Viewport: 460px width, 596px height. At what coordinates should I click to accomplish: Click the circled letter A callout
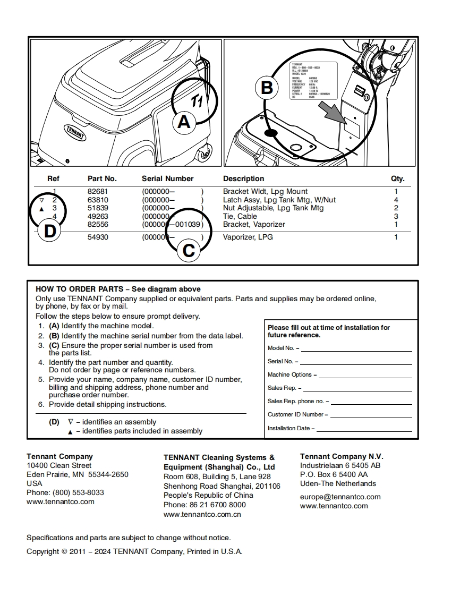pos(183,122)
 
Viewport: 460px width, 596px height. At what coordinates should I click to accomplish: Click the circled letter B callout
pos(267,87)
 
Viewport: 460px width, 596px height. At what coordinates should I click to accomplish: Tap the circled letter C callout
pos(189,250)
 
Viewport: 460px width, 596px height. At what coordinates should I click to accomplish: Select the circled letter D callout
pos(49,231)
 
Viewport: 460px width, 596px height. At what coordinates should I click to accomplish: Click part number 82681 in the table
pos(98,191)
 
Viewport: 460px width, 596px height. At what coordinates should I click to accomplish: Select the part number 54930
pos(98,237)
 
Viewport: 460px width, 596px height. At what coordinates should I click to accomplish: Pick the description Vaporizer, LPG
pos(248,237)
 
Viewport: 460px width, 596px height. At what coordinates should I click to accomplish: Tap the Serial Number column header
pos(167,178)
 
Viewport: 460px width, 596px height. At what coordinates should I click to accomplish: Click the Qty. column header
pos(398,178)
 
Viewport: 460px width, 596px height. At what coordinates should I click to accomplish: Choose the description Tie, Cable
pos(240,216)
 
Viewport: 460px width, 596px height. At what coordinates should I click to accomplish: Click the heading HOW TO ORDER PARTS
pos(79,289)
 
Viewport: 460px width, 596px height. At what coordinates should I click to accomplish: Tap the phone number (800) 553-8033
pos(78,492)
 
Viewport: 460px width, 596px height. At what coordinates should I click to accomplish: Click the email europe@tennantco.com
pos(340,497)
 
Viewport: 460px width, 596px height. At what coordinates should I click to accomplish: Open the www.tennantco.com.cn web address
pos(202,514)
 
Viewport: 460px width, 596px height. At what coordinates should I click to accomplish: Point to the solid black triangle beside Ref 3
pos(41,209)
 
